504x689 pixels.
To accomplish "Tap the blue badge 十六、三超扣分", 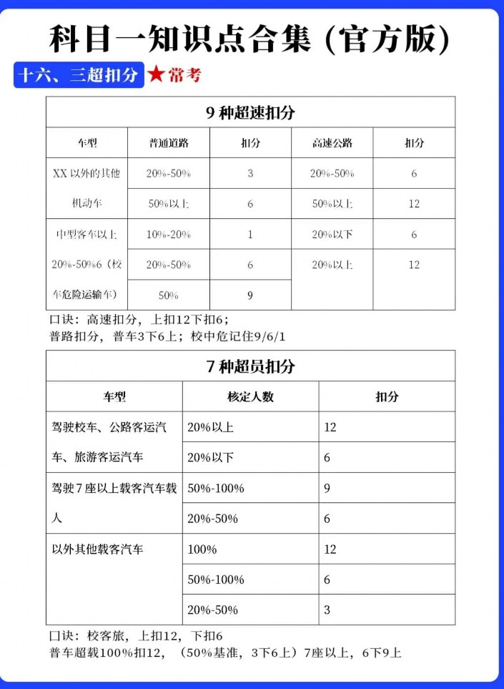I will click(x=79, y=75).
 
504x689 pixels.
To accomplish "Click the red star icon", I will click(x=155, y=74).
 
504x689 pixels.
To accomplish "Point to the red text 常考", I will click(x=184, y=75).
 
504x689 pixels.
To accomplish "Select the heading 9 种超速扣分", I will click(x=250, y=112).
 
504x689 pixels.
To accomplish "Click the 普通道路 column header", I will click(x=169, y=143).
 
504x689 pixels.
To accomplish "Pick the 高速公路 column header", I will click(x=332, y=143).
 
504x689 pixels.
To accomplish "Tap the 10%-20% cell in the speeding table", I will click(x=169, y=235).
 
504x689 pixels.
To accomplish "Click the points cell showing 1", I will click(x=250, y=235).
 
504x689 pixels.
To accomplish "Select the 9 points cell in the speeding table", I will click(x=250, y=295).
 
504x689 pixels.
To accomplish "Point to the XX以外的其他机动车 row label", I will click(x=87, y=188).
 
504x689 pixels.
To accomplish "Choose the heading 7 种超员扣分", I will click(x=250, y=366).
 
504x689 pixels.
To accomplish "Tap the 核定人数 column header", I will click(x=250, y=396).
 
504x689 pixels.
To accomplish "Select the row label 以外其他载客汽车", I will click(x=98, y=549).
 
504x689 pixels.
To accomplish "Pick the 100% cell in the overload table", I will click(x=202, y=549).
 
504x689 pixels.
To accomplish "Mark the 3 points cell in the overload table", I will click(x=327, y=610).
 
